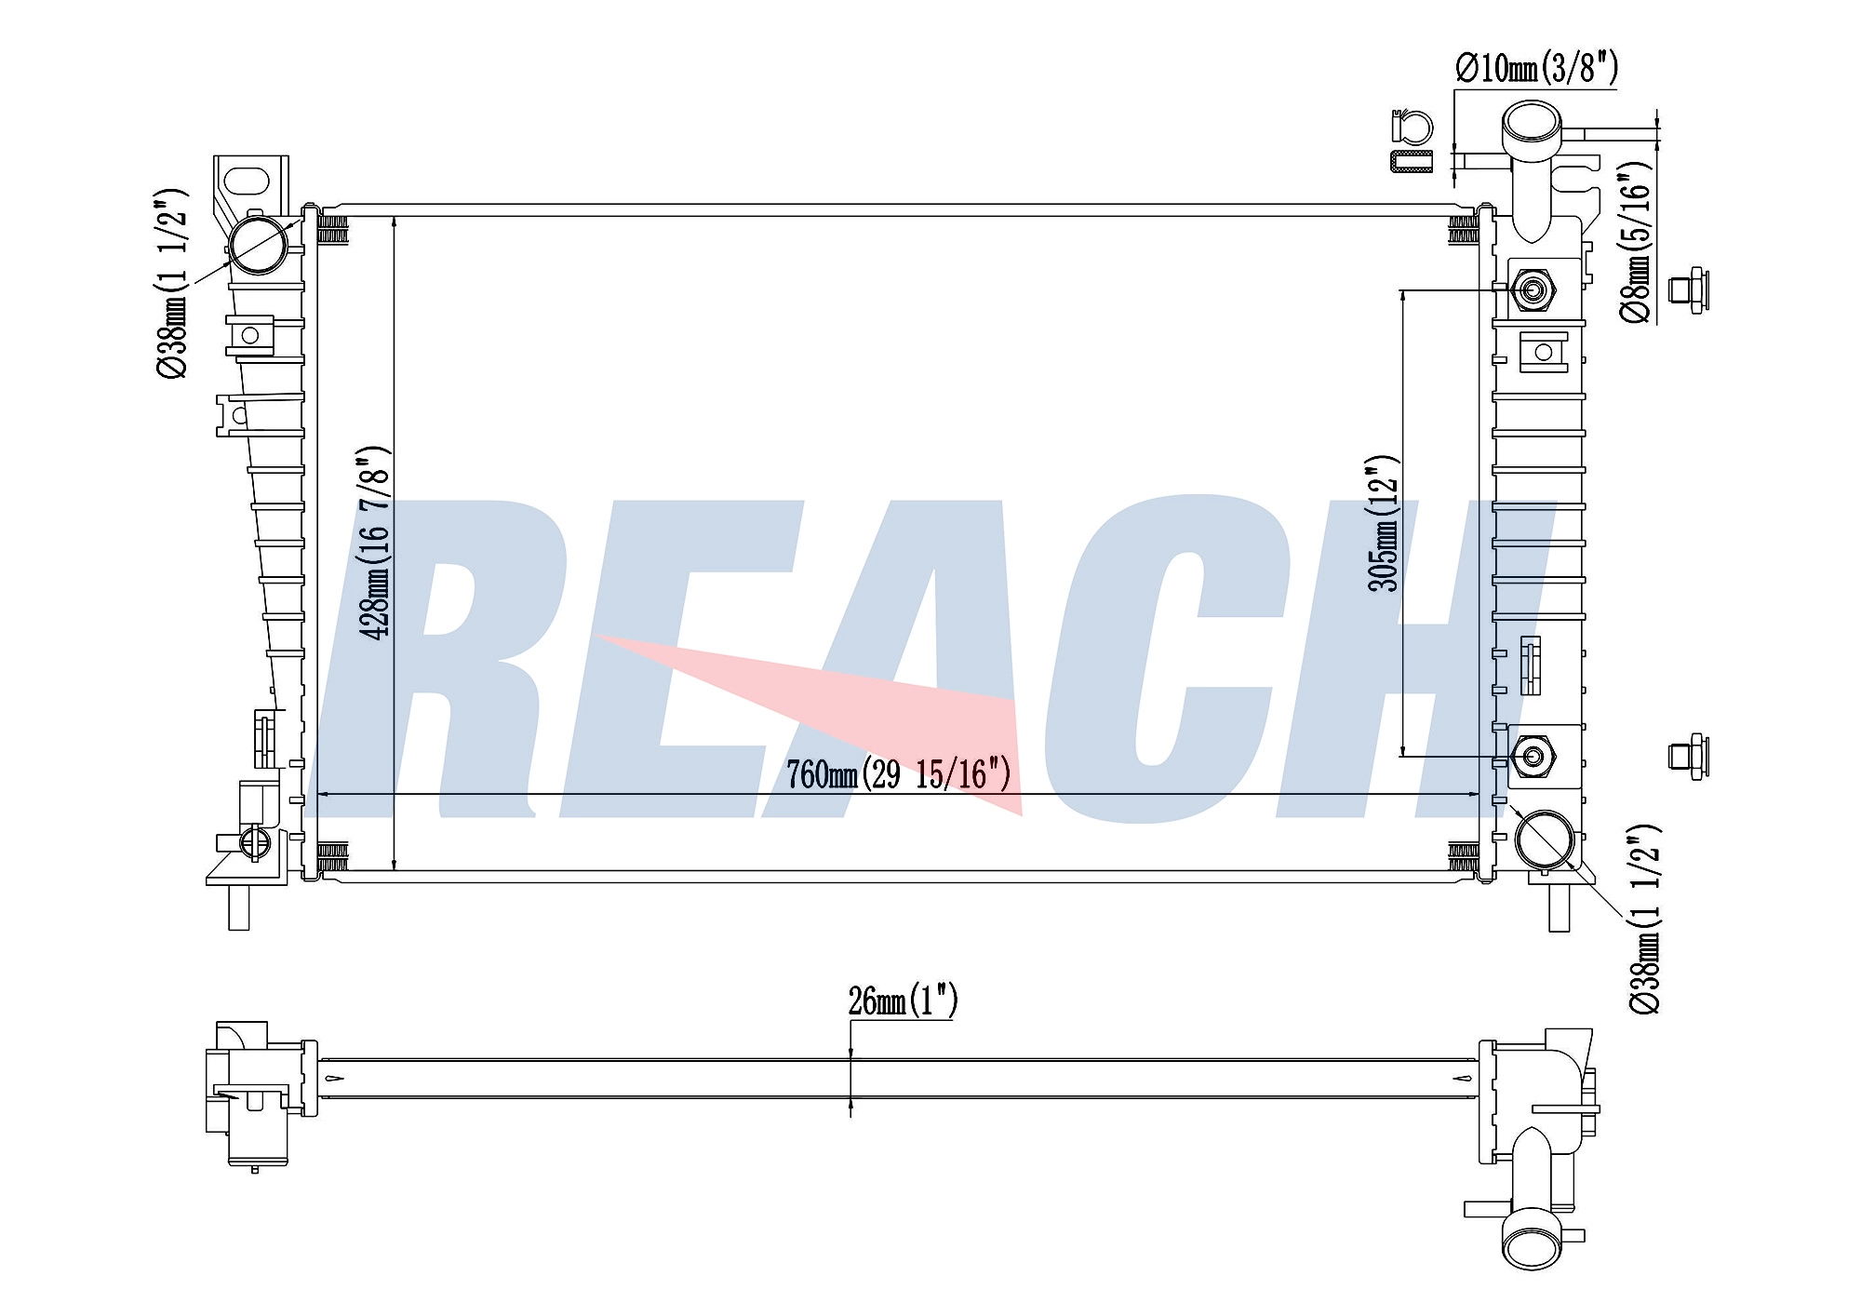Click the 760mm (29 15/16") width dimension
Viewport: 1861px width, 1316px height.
click(898, 774)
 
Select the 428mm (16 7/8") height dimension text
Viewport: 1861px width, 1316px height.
click(375, 543)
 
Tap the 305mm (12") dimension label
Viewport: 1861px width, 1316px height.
click(1384, 523)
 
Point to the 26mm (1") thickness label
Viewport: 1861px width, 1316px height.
click(903, 1000)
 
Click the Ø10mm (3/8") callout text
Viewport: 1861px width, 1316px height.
click(1536, 68)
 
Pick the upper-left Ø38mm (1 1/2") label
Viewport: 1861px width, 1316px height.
click(172, 283)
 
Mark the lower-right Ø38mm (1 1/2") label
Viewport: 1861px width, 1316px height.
click(1644, 919)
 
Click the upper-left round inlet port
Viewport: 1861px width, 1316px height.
click(258, 245)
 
